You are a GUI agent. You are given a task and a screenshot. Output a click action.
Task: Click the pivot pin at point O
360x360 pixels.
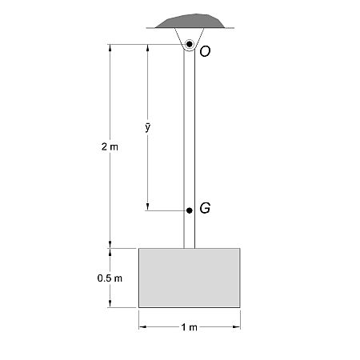click(190, 43)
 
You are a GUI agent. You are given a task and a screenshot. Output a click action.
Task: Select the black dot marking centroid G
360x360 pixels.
click(190, 210)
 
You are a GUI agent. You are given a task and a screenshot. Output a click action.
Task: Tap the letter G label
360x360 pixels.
click(205, 209)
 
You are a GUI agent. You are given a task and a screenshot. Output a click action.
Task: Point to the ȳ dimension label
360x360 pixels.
click(148, 126)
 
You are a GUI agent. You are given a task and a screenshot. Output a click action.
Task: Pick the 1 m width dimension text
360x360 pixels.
click(190, 327)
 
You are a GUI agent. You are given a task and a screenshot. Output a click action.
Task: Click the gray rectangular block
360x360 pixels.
click(190, 278)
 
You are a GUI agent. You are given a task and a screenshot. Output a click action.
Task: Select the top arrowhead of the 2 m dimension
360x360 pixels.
click(110, 47)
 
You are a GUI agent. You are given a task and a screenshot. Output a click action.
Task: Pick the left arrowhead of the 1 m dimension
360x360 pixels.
click(142, 326)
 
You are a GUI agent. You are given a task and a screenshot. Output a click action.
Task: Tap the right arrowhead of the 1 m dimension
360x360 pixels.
click(237, 326)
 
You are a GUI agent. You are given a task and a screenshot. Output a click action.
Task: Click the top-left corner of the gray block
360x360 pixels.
click(139, 248)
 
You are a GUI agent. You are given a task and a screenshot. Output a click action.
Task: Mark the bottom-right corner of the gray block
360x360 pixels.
click(240, 307)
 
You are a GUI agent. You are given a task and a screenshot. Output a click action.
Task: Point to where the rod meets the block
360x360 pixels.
click(190, 248)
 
